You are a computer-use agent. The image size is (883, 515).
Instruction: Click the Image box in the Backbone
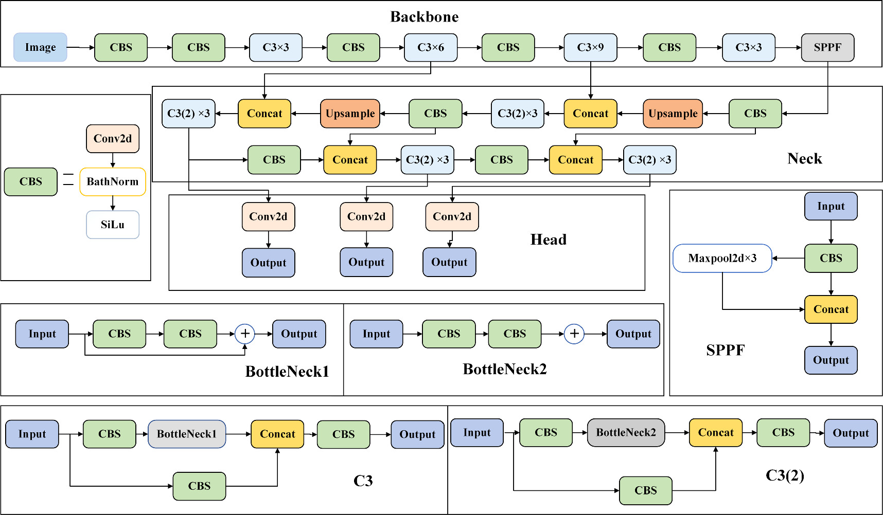(40, 47)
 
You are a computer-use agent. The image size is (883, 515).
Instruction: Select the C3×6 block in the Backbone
(431, 47)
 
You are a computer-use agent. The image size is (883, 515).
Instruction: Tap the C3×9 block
(590, 47)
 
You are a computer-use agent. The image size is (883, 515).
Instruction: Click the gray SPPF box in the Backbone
(827, 47)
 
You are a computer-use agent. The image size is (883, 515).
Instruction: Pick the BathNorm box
(113, 181)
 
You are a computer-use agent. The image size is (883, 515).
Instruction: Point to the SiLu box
(113, 225)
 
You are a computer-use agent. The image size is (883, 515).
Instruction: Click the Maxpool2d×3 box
(722, 258)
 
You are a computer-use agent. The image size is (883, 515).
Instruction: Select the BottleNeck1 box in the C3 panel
(187, 434)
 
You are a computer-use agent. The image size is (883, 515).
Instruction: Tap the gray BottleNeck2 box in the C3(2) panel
(626, 432)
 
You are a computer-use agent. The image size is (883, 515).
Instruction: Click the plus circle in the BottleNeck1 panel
(245, 334)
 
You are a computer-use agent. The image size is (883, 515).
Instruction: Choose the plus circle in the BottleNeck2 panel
(574, 334)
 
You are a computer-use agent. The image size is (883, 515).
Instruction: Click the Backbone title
(424, 17)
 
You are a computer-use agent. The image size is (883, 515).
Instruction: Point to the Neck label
(804, 158)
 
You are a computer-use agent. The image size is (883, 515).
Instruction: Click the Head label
(548, 240)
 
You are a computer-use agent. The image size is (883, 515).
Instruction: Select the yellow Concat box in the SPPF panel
(831, 309)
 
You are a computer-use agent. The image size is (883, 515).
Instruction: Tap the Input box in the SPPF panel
(831, 206)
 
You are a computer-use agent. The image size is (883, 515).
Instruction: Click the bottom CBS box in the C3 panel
(199, 486)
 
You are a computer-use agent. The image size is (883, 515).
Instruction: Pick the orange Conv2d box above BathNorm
(113, 139)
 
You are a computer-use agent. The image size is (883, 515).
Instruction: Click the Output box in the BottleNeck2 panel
(633, 334)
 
